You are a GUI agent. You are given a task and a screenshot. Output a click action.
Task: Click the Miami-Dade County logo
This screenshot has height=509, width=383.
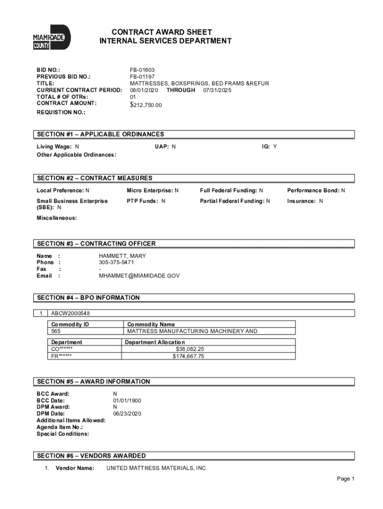tap(52, 38)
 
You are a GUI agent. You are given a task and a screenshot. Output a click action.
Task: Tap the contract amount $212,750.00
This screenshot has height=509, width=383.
tap(146, 105)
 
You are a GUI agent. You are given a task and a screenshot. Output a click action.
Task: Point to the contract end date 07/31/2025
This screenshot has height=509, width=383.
tap(217, 90)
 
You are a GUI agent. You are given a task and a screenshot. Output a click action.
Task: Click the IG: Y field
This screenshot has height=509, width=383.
tap(270, 147)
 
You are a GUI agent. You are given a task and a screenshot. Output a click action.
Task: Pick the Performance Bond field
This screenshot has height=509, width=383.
tap(316, 190)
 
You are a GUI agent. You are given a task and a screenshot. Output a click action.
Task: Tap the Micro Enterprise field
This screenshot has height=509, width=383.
tap(152, 190)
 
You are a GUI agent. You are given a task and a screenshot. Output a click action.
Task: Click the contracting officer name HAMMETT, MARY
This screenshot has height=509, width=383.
tap(123, 256)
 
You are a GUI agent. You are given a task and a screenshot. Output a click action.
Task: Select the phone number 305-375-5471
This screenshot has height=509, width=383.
tap(116, 262)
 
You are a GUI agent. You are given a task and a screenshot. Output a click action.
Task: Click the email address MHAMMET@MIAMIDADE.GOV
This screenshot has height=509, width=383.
tap(139, 275)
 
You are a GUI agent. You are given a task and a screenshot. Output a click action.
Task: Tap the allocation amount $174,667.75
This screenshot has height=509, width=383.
tap(188, 356)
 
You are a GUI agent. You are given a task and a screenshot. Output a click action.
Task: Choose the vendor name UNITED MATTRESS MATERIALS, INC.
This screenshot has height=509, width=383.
tap(157, 468)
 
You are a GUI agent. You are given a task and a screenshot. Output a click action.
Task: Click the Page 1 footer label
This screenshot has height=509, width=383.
tap(345, 479)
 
